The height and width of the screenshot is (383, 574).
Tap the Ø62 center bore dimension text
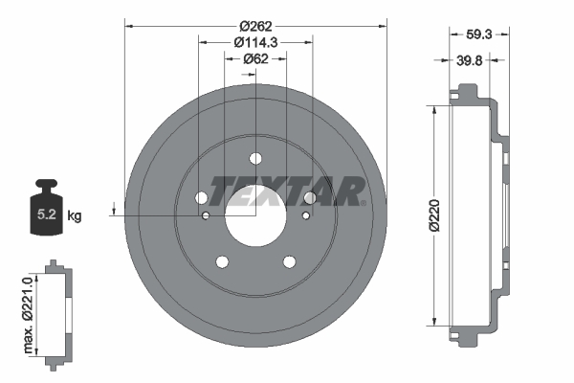pyautogui.click(x=255, y=58)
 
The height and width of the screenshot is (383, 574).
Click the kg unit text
pyautogui.click(x=75, y=216)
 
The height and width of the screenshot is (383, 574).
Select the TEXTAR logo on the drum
pyautogui.click(x=287, y=191)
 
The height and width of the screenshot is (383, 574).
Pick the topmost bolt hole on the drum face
pyautogui.click(x=255, y=159)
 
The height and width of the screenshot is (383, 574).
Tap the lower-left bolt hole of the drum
pyautogui.click(x=222, y=262)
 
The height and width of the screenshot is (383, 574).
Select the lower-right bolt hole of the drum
pyautogui.click(x=289, y=262)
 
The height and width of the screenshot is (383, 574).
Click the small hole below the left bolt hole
pyautogui.click(x=206, y=216)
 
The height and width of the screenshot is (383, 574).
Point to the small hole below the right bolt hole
pyautogui.click(x=305, y=216)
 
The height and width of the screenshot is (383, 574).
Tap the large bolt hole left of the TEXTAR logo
pyautogui.click(x=202, y=198)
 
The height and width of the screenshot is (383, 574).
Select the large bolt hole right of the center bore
pyautogui.click(x=310, y=198)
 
